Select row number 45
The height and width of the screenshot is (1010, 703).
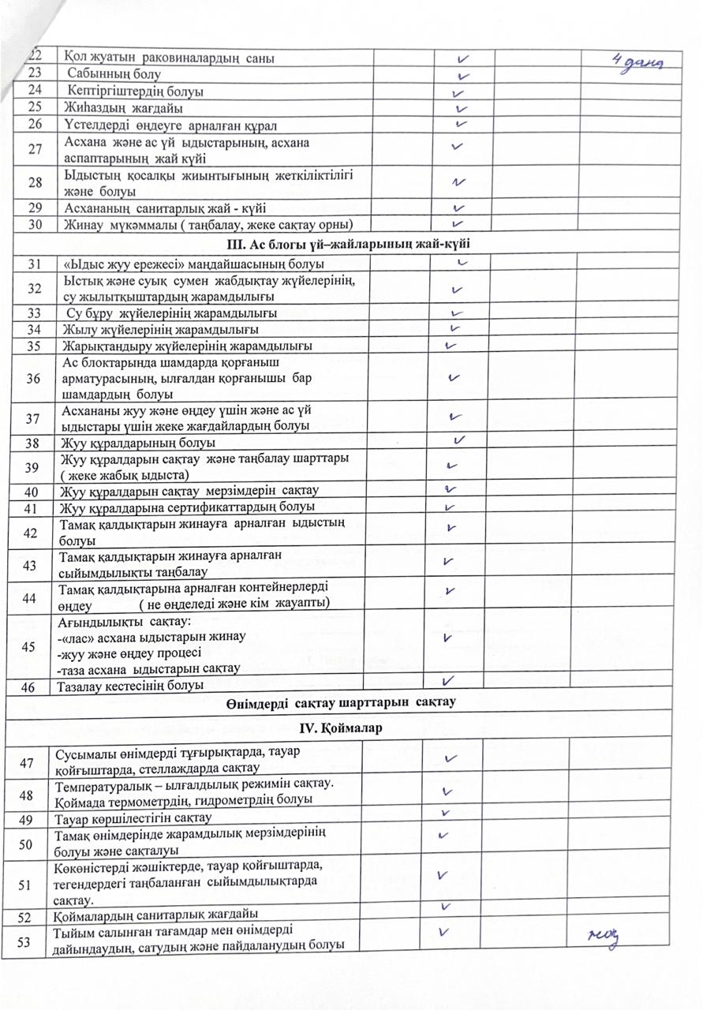[29, 647]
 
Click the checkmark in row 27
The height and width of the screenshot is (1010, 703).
[457, 146]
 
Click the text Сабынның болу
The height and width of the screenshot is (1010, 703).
[114, 75]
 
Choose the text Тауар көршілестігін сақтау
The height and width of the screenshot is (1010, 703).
[132, 817]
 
